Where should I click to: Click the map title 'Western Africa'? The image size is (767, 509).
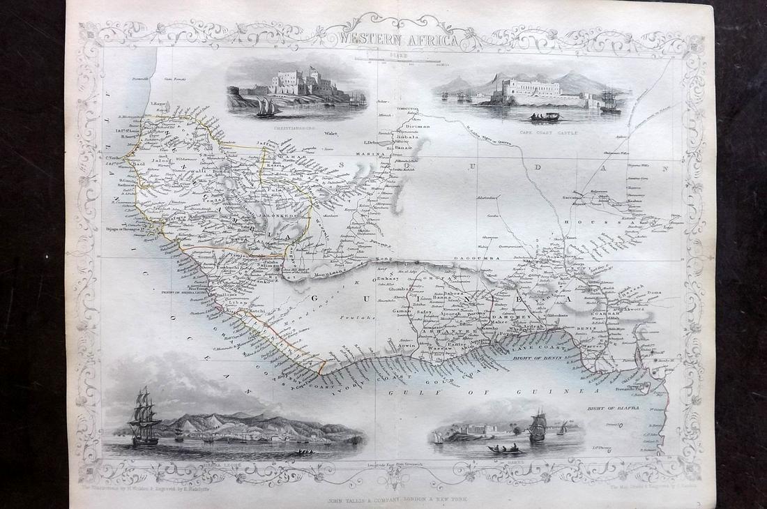tap(399, 40)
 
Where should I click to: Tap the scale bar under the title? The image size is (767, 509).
tap(400, 60)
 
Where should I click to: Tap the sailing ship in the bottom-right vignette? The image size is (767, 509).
tap(537, 427)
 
